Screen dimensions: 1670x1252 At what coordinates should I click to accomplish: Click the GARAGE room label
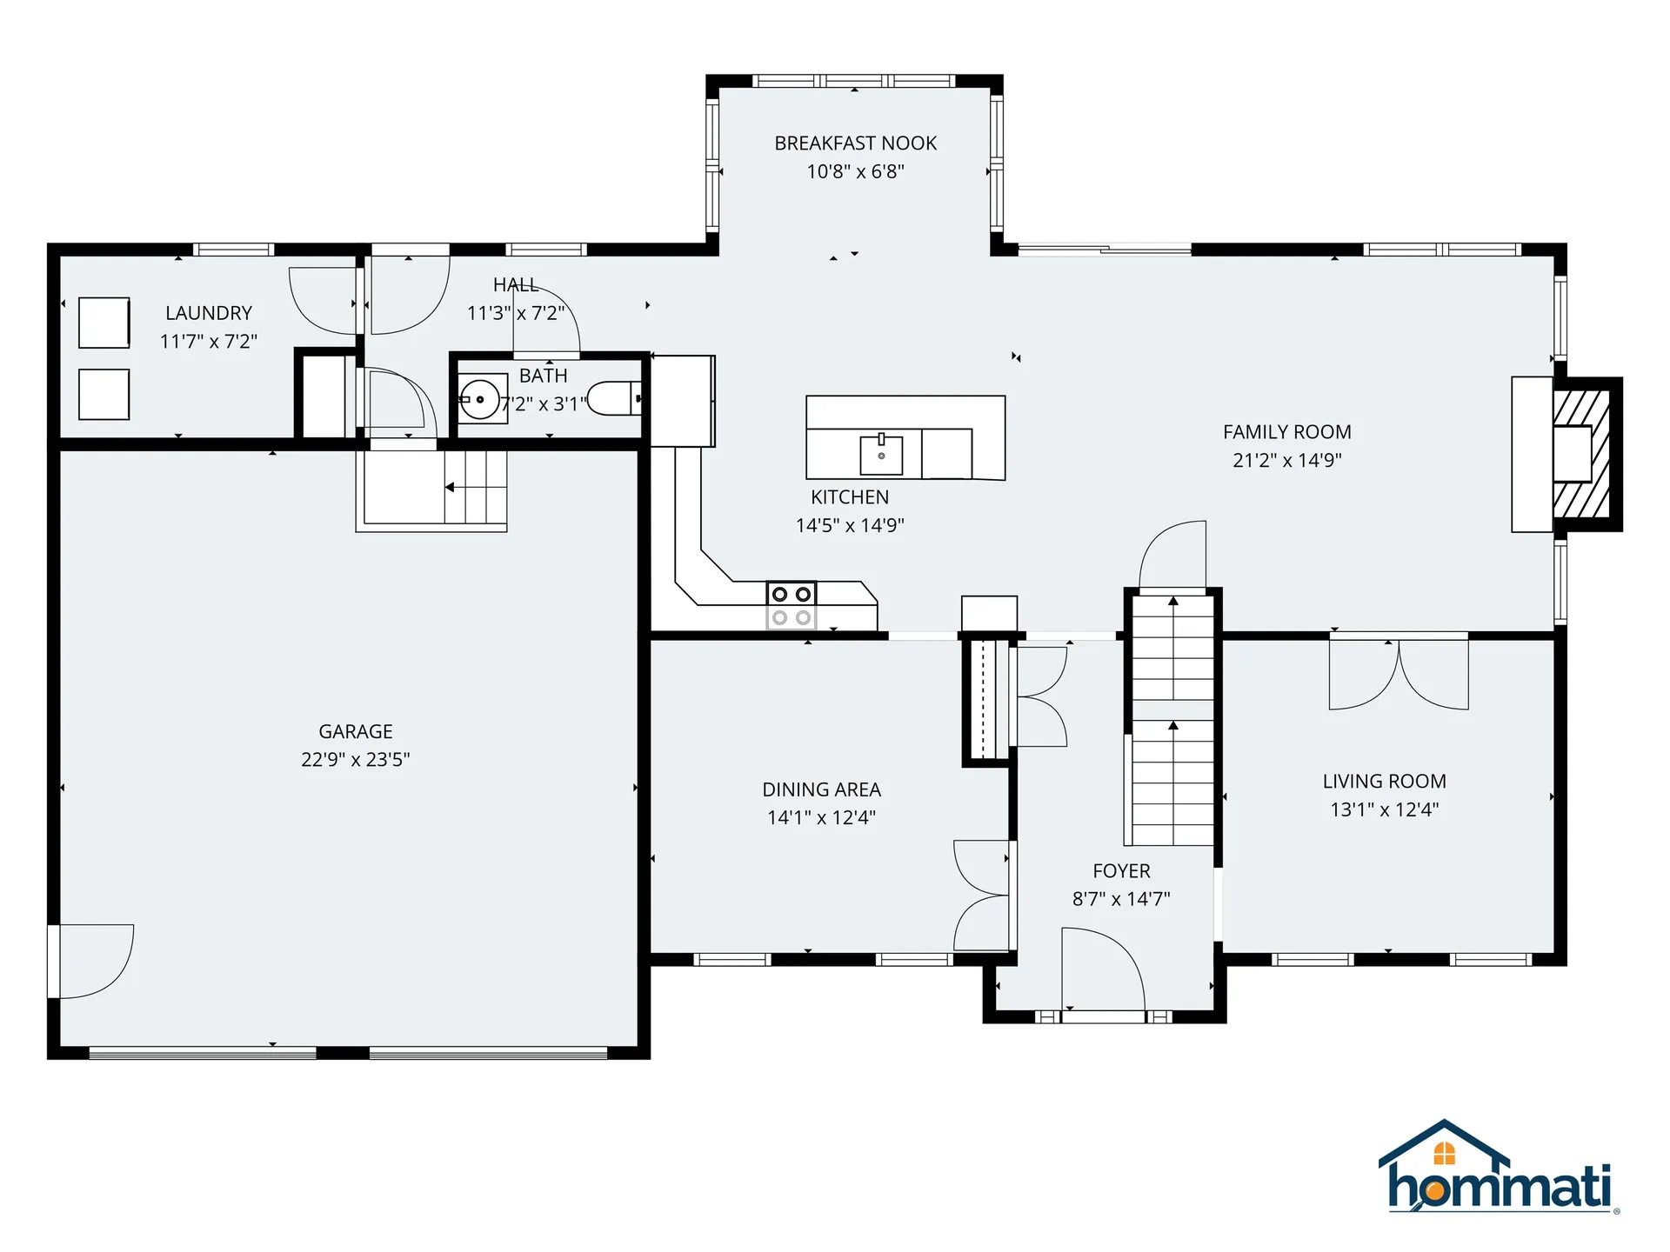pyautogui.click(x=355, y=731)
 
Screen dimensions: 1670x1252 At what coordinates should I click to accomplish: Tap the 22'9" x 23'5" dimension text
pyautogui.click(x=355, y=759)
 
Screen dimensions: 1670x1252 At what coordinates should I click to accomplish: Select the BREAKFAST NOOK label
pyautogui.click(x=856, y=143)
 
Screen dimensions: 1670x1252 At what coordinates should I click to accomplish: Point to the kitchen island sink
pyautogui.click(x=881, y=454)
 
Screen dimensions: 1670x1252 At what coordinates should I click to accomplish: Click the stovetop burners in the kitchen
pyautogui.click(x=792, y=605)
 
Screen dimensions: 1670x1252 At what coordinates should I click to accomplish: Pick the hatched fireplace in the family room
pyautogui.click(x=1582, y=454)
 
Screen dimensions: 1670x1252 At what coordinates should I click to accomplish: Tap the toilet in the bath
pyautogui.click(x=615, y=398)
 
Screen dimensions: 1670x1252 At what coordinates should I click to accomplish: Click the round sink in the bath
pyautogui.click(x=479, y=399)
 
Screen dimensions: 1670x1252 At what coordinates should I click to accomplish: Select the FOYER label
pyautogui.click(x=1121, y=870)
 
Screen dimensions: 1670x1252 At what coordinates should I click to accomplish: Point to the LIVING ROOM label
pyautogui.click(x=1384, y=781)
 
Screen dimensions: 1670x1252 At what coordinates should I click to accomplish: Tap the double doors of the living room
pyautogui.click(x=1399, y=674)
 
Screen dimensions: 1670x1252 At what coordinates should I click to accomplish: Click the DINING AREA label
pyautogui.click(x=821, y=789)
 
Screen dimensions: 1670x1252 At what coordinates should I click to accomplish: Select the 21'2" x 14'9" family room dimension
pyautogui.click(x=1286, y=460)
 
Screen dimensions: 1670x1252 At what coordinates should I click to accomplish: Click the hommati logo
pyautogui.click(x=1499, y=1167)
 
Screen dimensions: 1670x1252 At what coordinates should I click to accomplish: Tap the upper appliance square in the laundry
pyautogui.click(x=104, y=323)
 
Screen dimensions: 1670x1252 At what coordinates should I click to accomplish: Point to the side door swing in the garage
pyautogui.click(x=91, y=961)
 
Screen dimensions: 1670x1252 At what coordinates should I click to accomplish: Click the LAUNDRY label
pyautogui.click(x=209, y=313)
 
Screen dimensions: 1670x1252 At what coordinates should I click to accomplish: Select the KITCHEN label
pyautogui.click(x=850, y=497)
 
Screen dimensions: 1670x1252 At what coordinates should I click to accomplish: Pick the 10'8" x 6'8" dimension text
pyautogui.click(x=856, y=171)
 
